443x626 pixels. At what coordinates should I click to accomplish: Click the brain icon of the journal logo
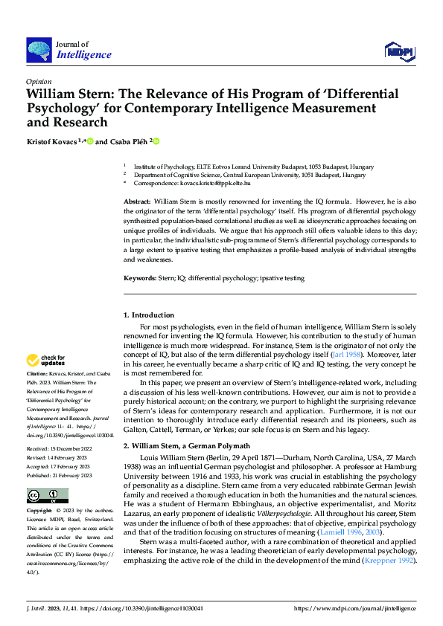point(39,50)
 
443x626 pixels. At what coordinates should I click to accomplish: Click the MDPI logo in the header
point(400,51)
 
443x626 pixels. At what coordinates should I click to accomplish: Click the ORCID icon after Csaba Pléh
point(157,141)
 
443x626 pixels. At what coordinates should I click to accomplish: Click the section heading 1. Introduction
point(149,315)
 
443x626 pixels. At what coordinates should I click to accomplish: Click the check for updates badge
point(45,361)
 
